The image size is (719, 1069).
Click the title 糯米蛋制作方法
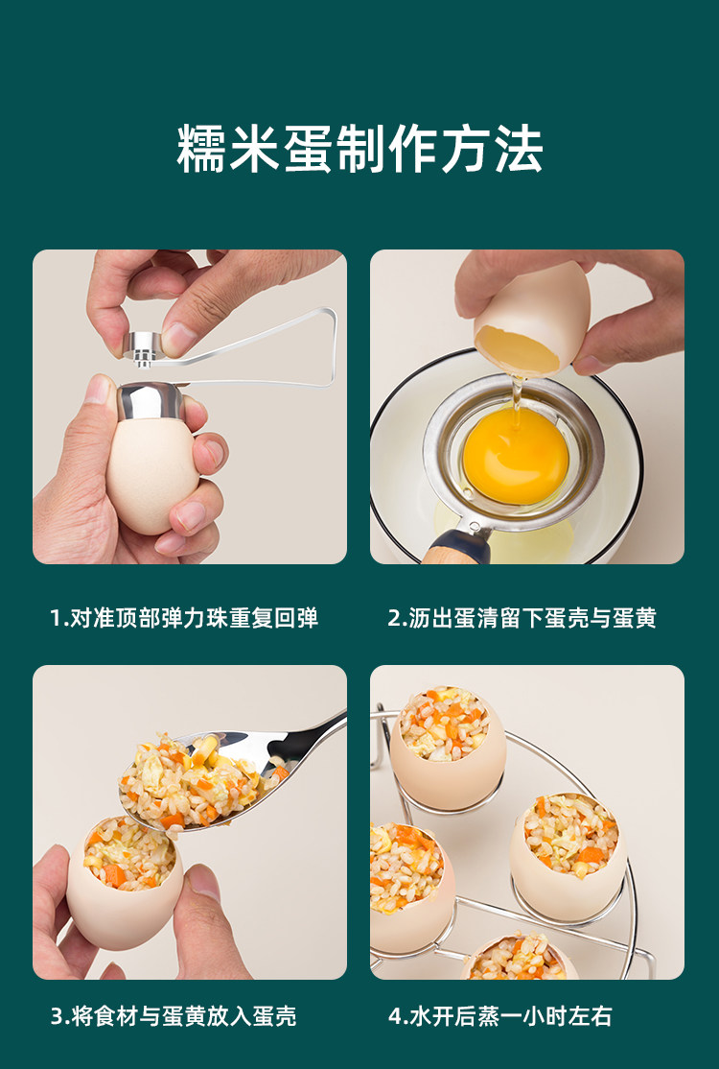tap(359, 149)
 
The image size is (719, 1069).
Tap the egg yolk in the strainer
tap(516, 455)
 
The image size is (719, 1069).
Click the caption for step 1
tap(184, 618)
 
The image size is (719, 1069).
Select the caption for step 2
tap(522, 618)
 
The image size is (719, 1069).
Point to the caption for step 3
tap(174, 1016)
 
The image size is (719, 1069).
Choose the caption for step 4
tap(499, 1016)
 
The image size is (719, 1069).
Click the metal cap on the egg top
tap(150, 401)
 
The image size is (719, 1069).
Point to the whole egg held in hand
tap(151, 466)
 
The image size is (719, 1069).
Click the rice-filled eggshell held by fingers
tap(125, 884)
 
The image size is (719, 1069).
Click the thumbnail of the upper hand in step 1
tap(179, 337)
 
